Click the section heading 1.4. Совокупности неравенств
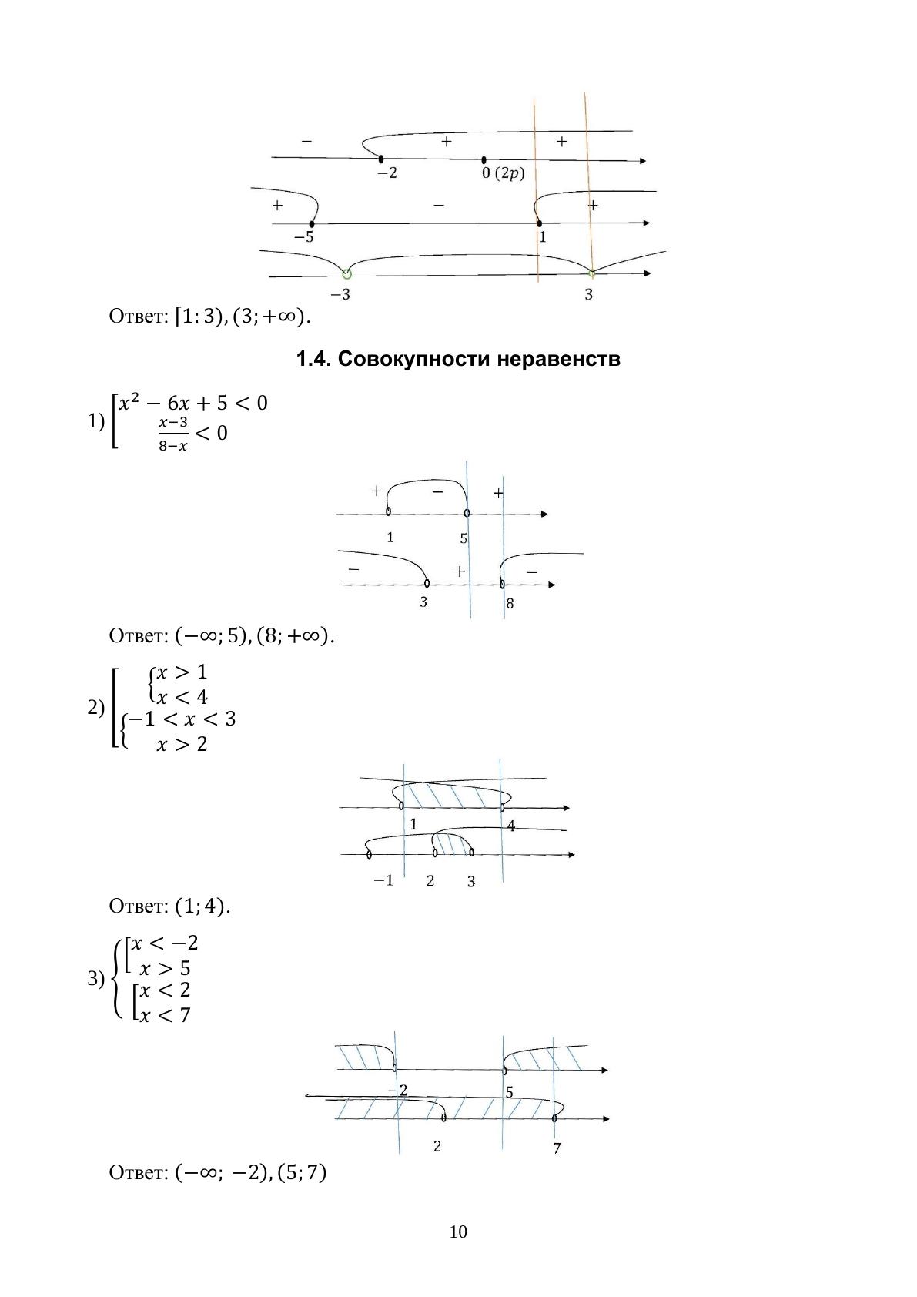[458, 359]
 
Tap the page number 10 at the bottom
[458, 1232]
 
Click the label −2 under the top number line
[387, 173]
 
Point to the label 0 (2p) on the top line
[503, 173]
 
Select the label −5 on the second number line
[304, 236]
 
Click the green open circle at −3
[346, 273]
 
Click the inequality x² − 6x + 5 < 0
[192, 403]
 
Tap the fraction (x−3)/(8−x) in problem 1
[173, 434]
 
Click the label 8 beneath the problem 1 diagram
[510, 604]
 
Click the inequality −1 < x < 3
[182, 719]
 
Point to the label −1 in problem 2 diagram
[383, 880]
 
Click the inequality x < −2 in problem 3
[164, 943]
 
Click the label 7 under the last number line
[557, 1148]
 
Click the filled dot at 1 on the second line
[539, 223]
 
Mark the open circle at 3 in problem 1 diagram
[427, 583]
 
